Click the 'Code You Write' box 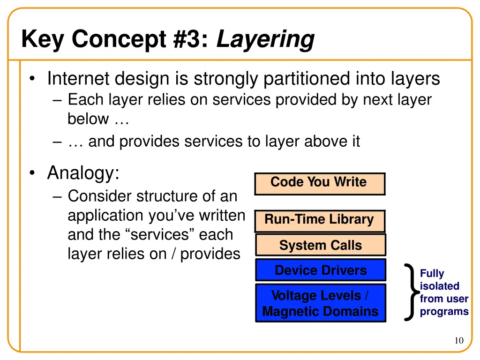320,183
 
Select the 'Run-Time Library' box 320,220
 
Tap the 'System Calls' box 321,245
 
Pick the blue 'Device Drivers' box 321,270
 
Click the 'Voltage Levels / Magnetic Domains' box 321,303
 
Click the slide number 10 458,341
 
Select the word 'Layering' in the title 265,39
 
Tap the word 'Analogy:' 83,173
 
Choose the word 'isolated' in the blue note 439,286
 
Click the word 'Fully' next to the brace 432,273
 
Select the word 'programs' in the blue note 444,311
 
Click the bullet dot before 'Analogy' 31,174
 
